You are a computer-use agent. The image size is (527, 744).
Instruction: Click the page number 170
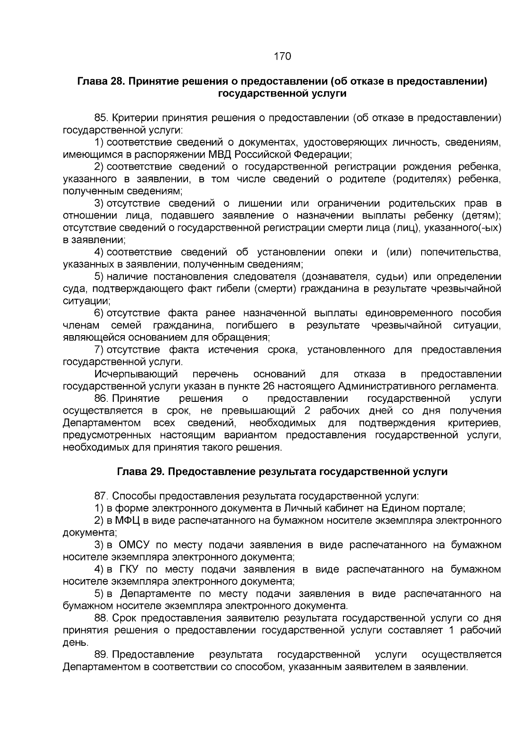pos(282,56)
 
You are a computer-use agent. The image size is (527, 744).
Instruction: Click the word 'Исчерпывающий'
pos(136,374)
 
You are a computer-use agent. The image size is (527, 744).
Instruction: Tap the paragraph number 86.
pos(101,398)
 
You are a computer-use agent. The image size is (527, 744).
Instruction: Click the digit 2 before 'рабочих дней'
pos(307,411)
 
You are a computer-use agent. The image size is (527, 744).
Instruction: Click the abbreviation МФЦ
pos(127,521)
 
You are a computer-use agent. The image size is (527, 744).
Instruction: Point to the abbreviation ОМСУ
pos(134,545)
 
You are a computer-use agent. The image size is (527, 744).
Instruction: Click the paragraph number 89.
pos(101,655)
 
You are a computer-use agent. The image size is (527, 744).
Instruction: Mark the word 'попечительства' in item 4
pos(461,252)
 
